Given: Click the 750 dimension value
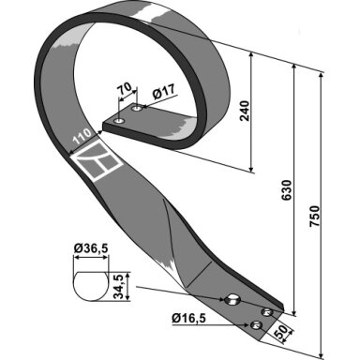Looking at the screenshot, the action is click(x=314, y=217).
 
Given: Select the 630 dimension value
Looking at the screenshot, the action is click(x=287, y=190).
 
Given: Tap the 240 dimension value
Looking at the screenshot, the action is click(x=245, y=111).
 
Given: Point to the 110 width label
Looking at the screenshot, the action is click(x=82, y=137).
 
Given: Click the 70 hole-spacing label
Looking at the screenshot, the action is click(x=124, y=89).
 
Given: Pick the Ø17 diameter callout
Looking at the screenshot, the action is click(x=164, y=92).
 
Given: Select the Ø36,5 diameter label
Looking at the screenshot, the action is click(x=91, y=248).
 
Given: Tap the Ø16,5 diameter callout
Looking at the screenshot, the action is click(x=188, y=319).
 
